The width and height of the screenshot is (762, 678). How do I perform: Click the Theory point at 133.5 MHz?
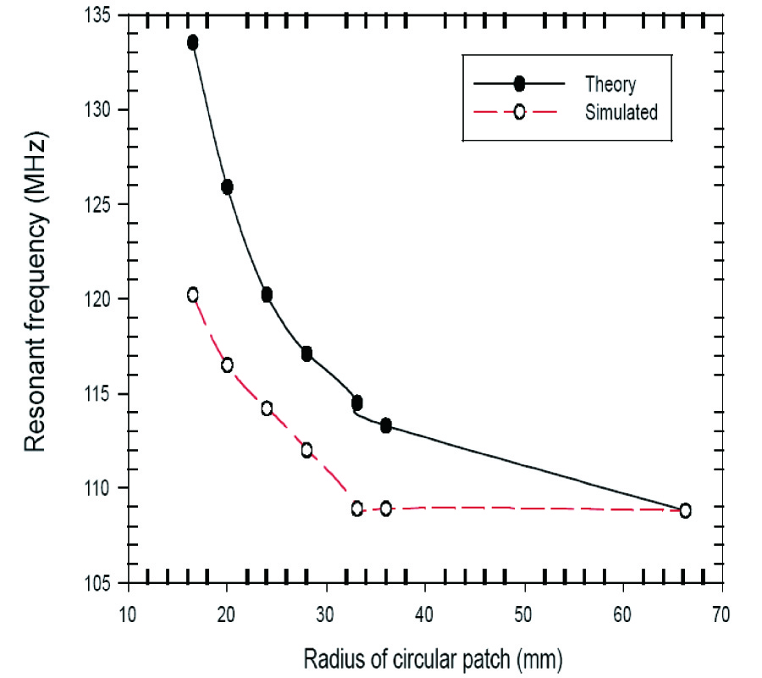pyautogui.click(x=193, y=42)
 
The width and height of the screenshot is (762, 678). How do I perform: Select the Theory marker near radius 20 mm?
pyautogui.click(x=227, y=187)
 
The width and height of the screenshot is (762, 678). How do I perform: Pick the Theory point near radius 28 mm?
pyautogui.click(x=306, y=353)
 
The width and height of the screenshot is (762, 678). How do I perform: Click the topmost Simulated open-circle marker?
pyautogui.click(x=193, y=295)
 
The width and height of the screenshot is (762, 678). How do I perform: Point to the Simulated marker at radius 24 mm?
pyautogui.click(x=267, y=408)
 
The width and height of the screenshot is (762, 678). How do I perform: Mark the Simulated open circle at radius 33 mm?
pyautogui.click(x=357, y=508)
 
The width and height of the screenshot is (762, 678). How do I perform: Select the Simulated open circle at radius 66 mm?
pyautogui.click(x=685, y=510)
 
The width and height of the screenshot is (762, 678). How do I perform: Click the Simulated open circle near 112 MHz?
pyautogui.click(x=306, y=449)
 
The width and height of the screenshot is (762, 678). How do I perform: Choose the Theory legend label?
pyautogui.click(x=610, y=84)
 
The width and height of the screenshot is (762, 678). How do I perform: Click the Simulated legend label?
pyautogui.click(x=621, y=112)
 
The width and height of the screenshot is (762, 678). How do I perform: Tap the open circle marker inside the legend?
pyautogui.click(x=520, y=112)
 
